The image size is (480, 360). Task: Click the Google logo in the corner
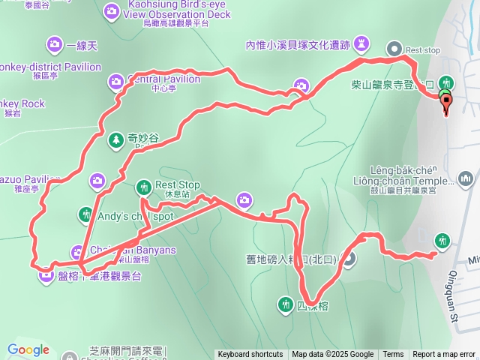coord(28,349)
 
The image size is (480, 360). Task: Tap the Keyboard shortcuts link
coord(250,355)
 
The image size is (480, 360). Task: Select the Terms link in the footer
coord(393,355)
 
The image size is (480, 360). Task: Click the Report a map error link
coord(444,355)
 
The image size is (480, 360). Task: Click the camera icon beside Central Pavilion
coord(115,80)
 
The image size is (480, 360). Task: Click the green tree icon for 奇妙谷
coord(115,139)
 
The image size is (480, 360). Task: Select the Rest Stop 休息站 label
coord(177,187)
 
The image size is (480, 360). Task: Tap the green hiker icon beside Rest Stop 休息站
coord(143,186)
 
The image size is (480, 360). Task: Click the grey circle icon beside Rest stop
coord(394,49)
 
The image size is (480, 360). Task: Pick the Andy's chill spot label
coord(136,215)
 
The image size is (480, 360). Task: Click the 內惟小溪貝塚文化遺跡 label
coord(298,44)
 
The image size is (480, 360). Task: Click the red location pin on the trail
coord(446,103)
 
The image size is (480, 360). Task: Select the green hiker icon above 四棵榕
coord(285,304)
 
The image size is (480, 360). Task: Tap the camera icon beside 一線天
coord(54,44)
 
